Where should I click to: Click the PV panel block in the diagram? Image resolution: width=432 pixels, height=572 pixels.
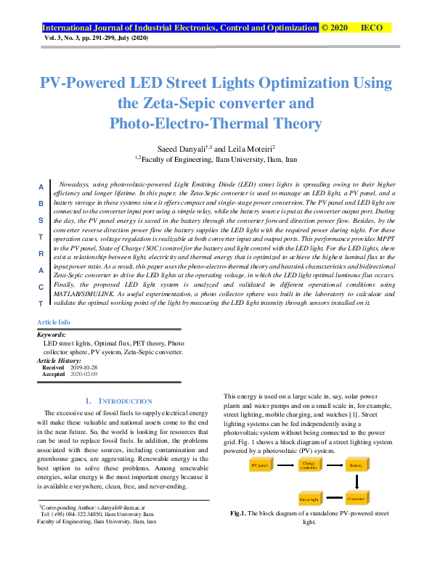click(x=259, y=465)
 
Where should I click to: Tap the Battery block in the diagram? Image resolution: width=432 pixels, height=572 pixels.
click(x=356, y=465)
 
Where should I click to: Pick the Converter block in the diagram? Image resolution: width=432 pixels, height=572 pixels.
click(x=356, y=499)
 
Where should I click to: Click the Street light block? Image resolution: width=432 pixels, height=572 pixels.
click(x=310, y=499)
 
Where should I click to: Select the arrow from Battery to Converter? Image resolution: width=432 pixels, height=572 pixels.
click(x=356, y=482)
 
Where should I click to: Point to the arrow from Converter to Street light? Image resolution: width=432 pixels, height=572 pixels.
click(x=333, y=499)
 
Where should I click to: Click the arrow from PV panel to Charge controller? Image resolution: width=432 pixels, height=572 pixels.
click(x=284, y=465)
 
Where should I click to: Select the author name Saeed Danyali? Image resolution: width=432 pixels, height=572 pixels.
click(x=183, y=147)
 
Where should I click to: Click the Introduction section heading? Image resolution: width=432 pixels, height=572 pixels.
click(x=119, y=401)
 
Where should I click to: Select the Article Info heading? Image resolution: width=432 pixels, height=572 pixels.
click(x=54, y=322)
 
